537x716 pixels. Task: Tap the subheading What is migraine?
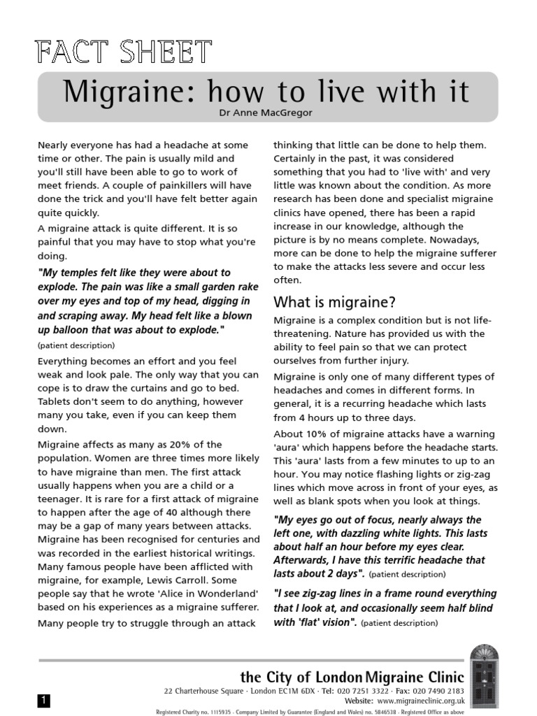click(334, 302)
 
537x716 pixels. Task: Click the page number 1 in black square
click(43, 700)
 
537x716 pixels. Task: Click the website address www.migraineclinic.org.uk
click(420, 700)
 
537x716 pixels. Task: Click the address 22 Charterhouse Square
click(196, 690)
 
